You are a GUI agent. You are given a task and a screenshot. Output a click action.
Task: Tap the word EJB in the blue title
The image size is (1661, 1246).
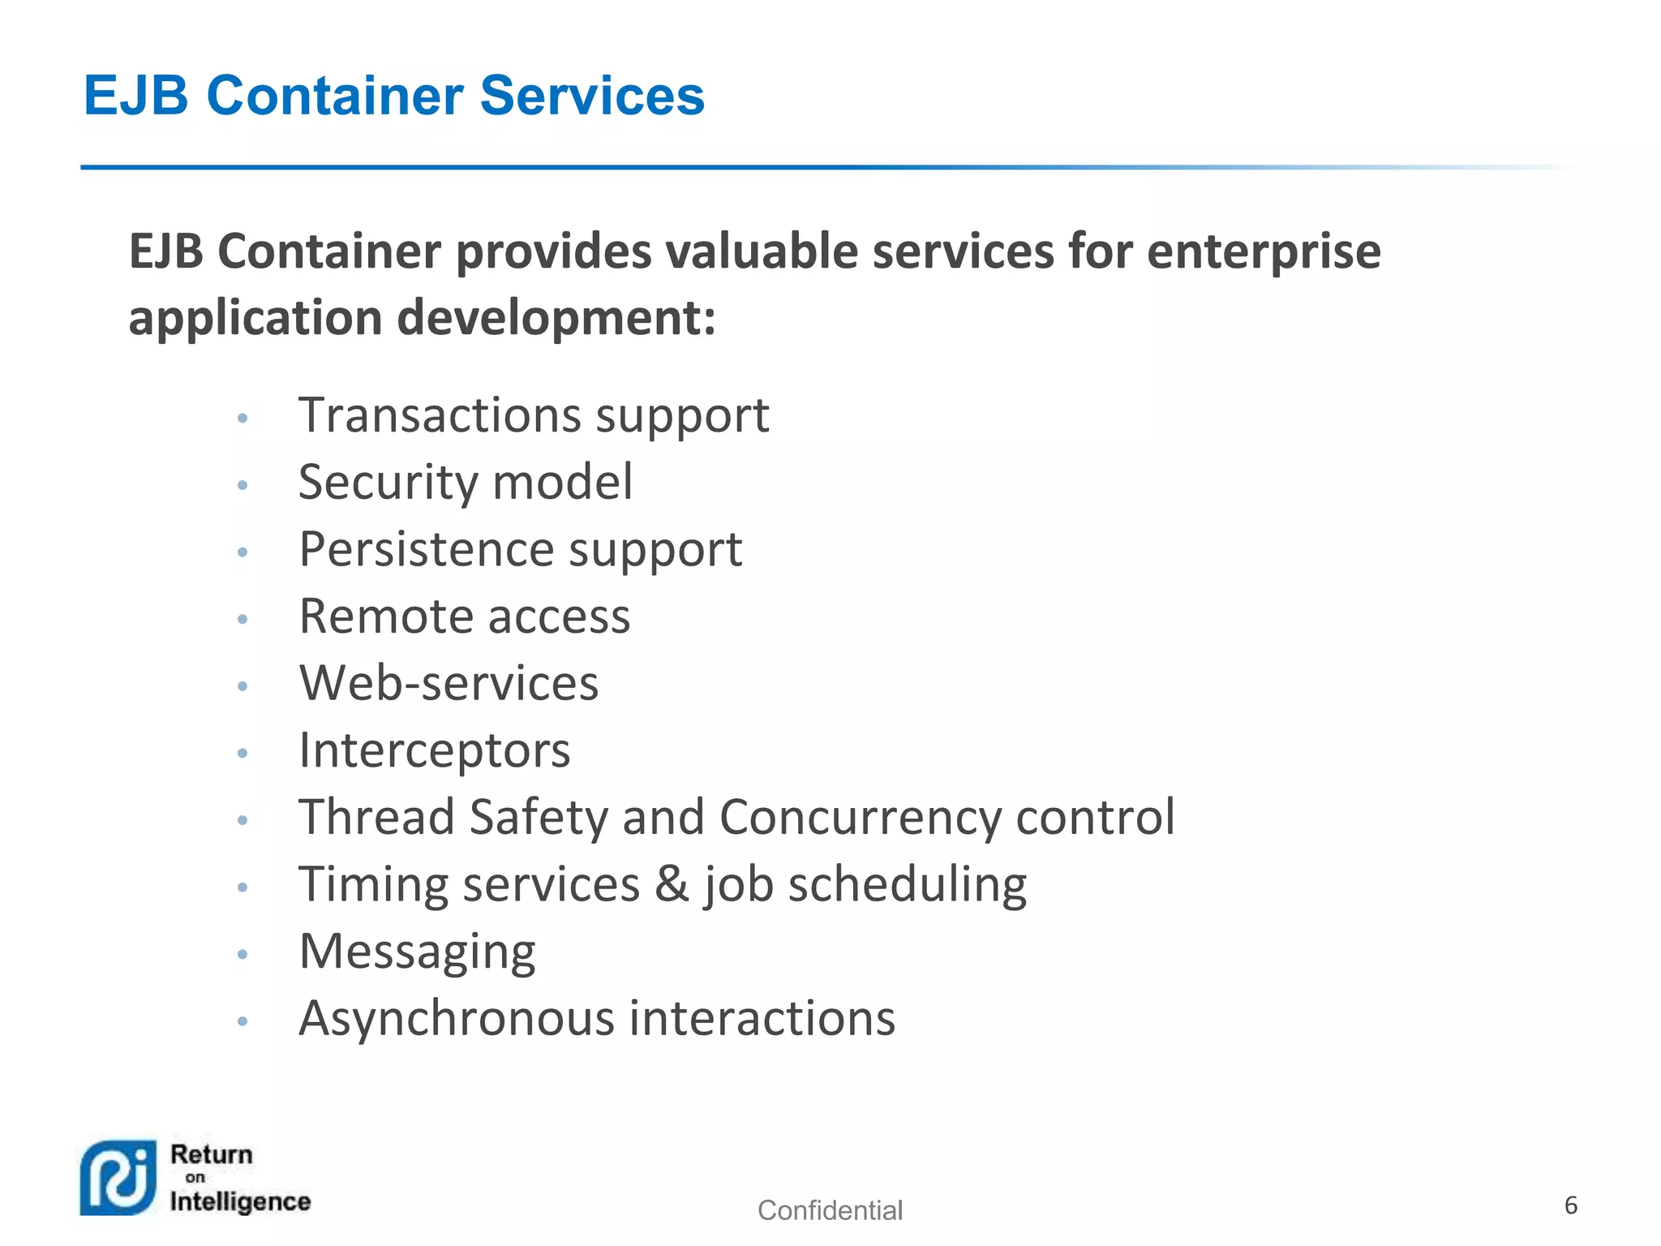[x=136, y=96]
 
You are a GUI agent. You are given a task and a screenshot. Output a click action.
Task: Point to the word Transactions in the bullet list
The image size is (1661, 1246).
[x=440, y=415]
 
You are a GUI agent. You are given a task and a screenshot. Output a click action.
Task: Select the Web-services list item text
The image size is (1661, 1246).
[x=449, y=683]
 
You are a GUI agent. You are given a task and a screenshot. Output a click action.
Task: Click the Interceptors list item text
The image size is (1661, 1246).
[x=435, y=750]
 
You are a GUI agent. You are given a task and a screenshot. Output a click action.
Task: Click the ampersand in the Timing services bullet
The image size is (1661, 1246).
[x=672, y=884]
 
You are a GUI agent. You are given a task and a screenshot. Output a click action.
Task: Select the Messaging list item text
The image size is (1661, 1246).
[x=417, y=952]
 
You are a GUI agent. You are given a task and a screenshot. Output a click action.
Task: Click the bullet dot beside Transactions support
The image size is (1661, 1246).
[x=242, y=419]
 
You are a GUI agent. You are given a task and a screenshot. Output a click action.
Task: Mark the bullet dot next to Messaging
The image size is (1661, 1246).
[x=242, y=954]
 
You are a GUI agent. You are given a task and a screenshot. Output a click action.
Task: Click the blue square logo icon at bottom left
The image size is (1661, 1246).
[x=118, y=1178]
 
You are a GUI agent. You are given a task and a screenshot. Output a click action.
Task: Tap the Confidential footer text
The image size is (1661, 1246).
[x=830, y=1210]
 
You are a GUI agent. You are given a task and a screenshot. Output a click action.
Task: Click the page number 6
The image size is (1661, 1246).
[x=1571, y=1205]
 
